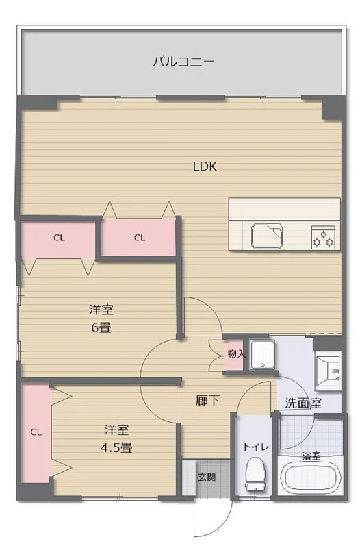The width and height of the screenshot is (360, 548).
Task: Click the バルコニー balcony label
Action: (x=183, y=62)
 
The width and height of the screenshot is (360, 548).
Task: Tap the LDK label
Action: (x=205, y=166)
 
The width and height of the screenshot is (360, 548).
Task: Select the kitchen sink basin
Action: (x=267, y=235)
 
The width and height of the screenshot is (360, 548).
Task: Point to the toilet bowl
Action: (x=255, y=475)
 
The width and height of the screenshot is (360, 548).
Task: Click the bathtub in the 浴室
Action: (x=311, y=479)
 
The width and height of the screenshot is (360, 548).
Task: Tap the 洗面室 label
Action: (x=303, y=403)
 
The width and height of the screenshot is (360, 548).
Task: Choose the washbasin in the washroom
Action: (x=328, y=371)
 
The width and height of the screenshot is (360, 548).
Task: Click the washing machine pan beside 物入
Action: (x=262, y=355)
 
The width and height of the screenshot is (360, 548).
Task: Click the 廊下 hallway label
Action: (x=207, y=401)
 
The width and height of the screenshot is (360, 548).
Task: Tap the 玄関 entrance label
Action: (x=207, y=477)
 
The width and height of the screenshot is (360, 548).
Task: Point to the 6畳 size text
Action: (x=101, y=327)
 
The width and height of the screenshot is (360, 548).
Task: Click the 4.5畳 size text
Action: (x=116, y=448)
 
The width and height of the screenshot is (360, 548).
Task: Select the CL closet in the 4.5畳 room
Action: (x=36, y=433)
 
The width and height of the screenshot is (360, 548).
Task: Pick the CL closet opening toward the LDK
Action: (x=139, y=238)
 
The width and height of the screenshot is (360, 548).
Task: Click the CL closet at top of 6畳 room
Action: (x=58, y=238)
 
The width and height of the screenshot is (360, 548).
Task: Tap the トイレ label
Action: (x=256, y=447)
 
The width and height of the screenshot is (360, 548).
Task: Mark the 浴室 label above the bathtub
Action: (x=311, y=456)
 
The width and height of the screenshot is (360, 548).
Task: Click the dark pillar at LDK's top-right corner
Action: (x=331, y=109)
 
